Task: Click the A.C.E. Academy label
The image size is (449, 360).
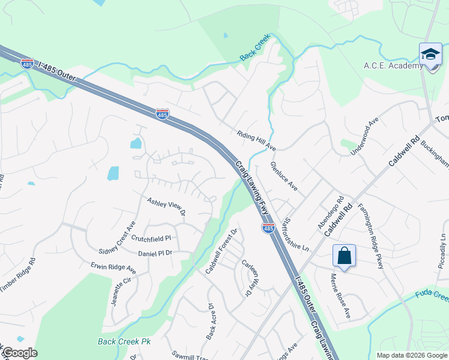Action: (x=393, y=66)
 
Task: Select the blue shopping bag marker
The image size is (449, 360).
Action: (x=345, y=256)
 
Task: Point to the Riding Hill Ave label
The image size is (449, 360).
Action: (x=256, y=141)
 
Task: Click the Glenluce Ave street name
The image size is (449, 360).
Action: (x=284, y=176)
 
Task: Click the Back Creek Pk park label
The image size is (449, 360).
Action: (x=124, y=342)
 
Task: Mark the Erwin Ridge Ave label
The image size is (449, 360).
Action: (x=113, y=268)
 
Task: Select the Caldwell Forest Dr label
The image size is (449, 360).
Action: (x=221, y=251)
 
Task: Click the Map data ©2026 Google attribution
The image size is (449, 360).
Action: (x=412, y=355)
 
